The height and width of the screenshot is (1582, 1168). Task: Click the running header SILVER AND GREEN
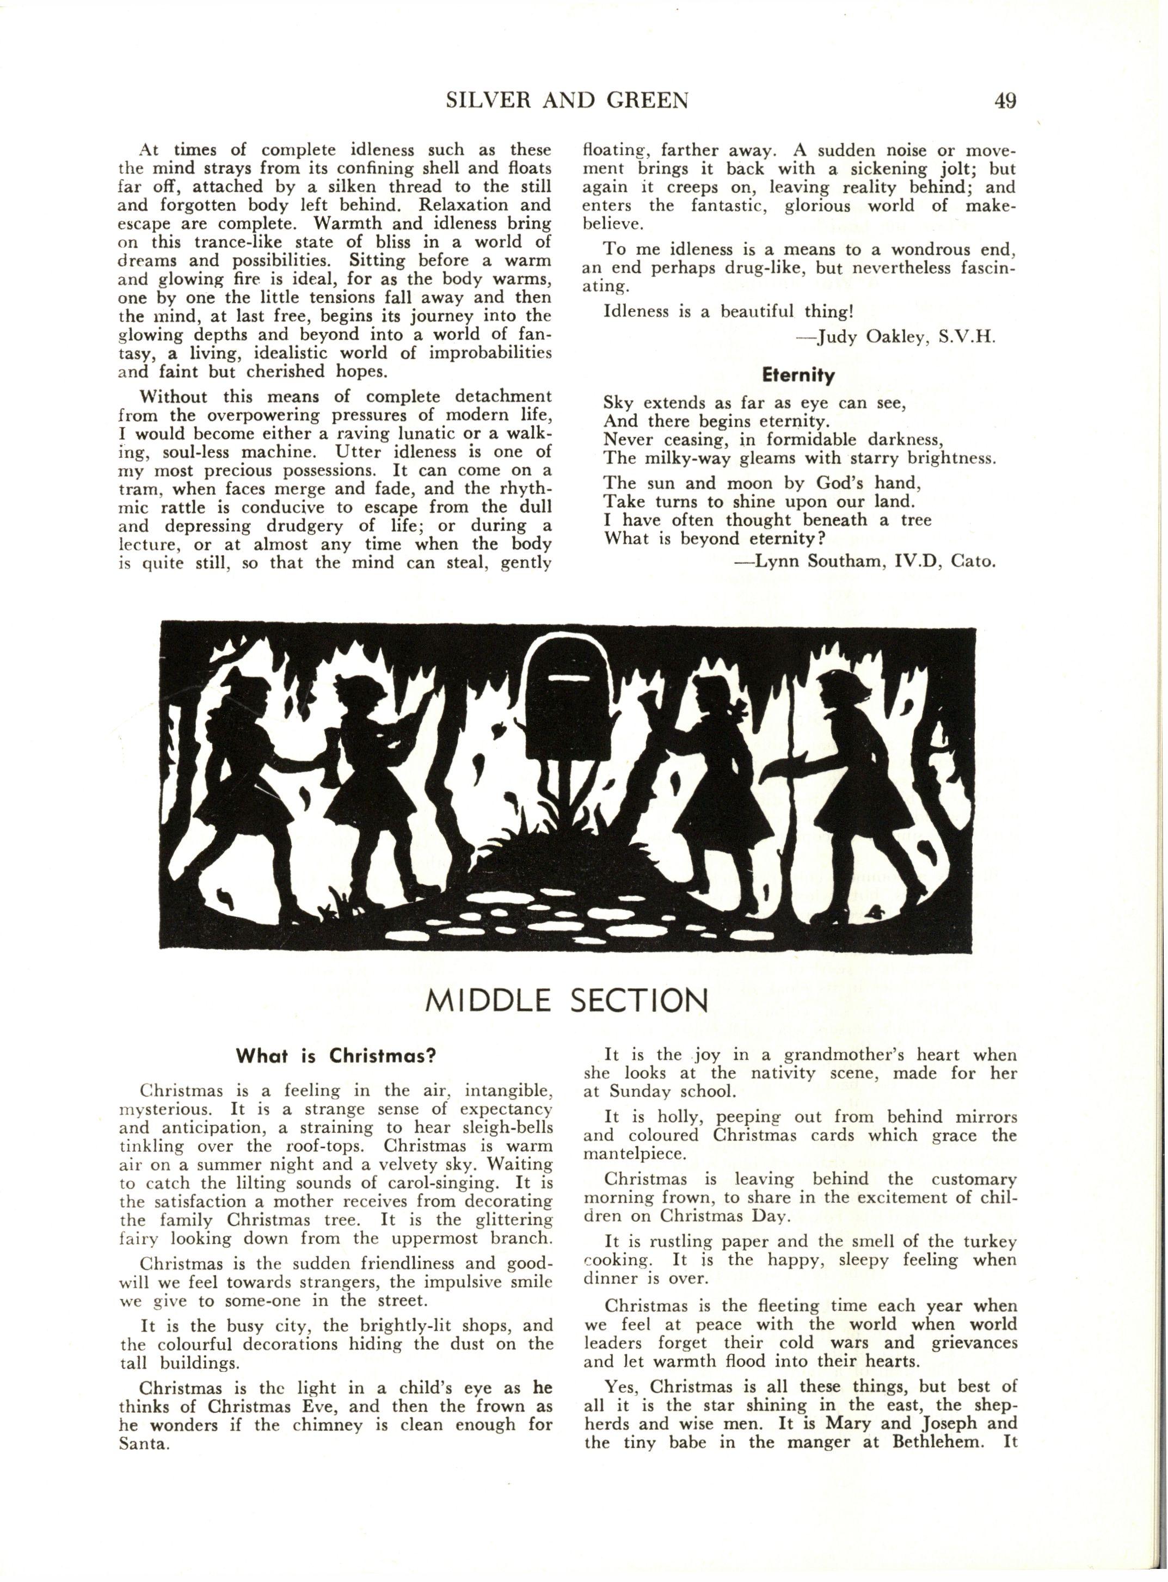567,101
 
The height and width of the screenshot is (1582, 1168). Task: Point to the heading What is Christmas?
335,1057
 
